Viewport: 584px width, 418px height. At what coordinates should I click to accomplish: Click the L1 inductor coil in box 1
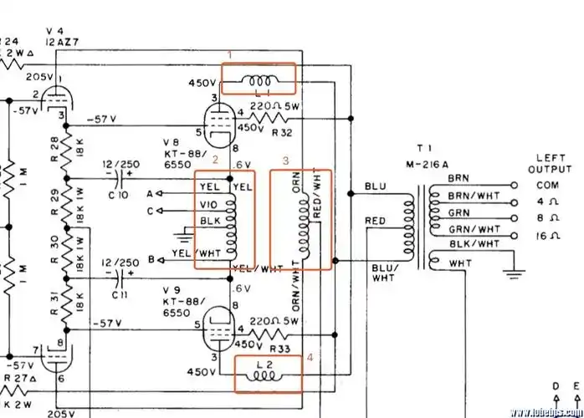click(258, 80)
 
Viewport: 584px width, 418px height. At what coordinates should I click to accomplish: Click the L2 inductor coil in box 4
click(265, 375)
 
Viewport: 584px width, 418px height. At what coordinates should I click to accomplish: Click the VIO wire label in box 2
click(209, 204)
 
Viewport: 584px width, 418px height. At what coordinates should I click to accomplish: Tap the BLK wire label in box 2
click(209, 222)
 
